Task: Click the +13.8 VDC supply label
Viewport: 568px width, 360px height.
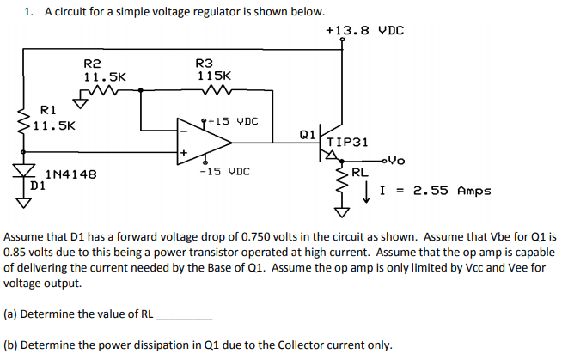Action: pos(365,31)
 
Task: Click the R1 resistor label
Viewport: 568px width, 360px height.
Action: pos(48,110)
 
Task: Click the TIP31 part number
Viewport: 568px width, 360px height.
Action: pos(350,142)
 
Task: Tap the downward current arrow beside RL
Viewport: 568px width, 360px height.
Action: pos(368,192)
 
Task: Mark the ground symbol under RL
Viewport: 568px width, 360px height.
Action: pos(343,211)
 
